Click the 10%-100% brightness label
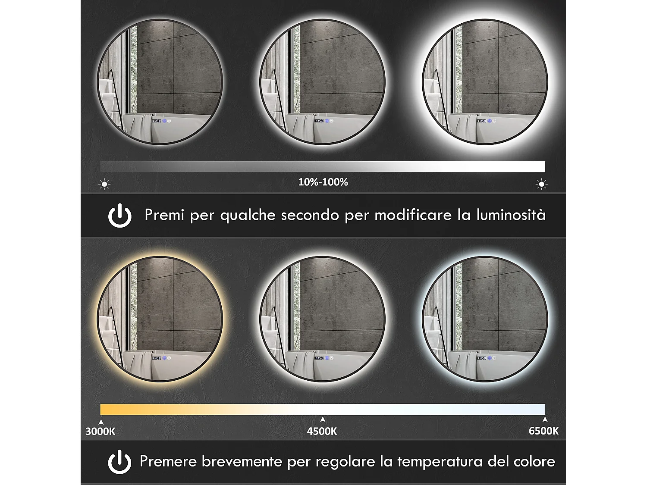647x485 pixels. tap(323, 182)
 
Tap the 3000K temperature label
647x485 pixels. tap(100, 431)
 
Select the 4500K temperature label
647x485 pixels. tap(322, 431)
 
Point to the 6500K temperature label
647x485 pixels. tap(543, 431)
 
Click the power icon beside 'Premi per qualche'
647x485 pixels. tap(119, 215)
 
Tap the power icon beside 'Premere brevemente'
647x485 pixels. tap(119, 462)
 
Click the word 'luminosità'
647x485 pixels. tap(511, 215)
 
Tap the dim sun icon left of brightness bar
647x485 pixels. tap(104, 184)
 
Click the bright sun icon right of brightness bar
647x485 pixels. tap(541, 184)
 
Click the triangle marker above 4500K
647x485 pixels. tap(323, 419)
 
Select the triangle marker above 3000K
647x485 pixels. tap(101, 422)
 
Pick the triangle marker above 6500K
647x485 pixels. tap(545, 419)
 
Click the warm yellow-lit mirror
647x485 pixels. tap(160, 319)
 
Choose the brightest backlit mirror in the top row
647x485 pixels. tap(485, 82)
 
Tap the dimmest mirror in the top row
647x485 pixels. tap(160, 82)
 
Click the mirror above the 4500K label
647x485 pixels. tap(322, 319)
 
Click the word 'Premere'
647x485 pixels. tap(168, 462)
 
